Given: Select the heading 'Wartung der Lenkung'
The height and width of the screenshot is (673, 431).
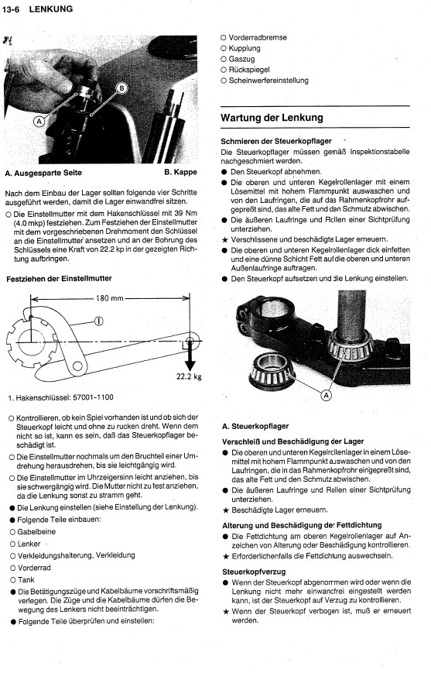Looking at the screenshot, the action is [x=272, y=118].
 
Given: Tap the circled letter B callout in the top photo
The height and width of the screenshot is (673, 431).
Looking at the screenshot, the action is [x=122, y=88].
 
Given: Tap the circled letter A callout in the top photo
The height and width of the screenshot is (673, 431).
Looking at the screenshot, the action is [x=39, y=122].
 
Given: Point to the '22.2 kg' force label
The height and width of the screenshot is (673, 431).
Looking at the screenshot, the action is [x=189, y=377].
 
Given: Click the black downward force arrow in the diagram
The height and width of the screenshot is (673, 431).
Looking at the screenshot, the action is [x=190, y=356].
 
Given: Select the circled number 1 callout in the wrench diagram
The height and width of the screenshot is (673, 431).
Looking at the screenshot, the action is [x=98, y=321].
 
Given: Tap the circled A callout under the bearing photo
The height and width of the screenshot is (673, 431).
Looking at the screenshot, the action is [x=327, y=395].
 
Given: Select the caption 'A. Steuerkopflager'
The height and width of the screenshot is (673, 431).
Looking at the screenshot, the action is [x=255, y=426].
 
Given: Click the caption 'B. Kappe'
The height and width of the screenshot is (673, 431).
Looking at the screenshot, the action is [x=180, y=172].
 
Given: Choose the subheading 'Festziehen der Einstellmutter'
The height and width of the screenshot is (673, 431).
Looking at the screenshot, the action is [x=59, y=279].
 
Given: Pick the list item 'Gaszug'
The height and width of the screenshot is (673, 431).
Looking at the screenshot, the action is [x=241, y=59].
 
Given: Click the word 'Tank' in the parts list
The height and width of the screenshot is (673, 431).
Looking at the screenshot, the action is [x=26, y=580].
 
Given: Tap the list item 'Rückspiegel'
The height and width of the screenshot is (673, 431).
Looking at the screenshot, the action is [x=249, y=70].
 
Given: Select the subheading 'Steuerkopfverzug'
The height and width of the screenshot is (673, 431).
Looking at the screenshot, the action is [x=254, y=572].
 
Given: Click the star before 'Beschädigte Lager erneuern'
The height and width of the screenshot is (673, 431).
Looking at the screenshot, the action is [x=226, y=510].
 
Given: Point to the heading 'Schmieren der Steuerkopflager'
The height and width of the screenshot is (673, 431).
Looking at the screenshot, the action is [x=276, y=141].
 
